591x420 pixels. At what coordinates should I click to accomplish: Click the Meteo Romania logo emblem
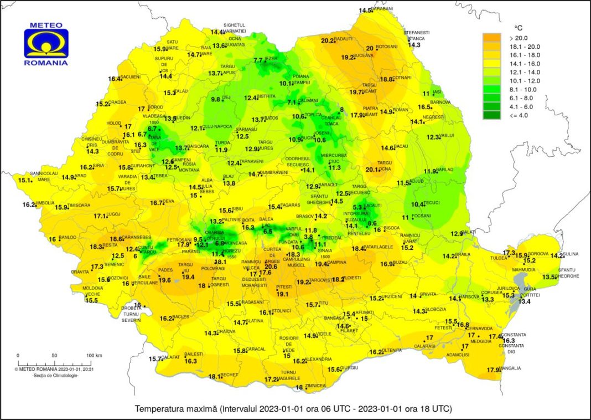[46, 44]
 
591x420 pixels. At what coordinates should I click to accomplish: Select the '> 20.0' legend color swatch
[492, 38]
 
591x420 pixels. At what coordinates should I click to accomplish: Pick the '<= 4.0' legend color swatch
[492, 115]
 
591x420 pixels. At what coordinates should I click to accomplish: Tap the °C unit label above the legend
[518, 27]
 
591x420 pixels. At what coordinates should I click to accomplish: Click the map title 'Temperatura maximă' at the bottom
[175, 409]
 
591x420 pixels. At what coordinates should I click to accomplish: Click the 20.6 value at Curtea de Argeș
[271, 267]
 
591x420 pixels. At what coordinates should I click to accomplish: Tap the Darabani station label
[382, 9]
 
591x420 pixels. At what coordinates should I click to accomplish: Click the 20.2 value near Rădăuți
[328, 40]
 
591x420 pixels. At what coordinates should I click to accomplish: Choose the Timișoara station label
[79, 205]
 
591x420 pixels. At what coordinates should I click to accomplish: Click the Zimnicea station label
[315, 386]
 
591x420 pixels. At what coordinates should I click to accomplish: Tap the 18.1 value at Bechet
[214, 377]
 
